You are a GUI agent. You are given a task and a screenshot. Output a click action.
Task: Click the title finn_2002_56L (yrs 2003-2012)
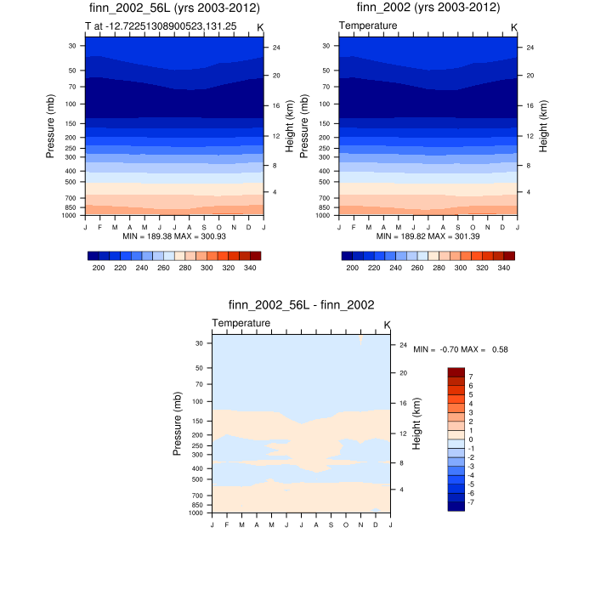(175, 8)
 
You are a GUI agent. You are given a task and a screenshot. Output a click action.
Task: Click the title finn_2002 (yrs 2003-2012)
(428, 8)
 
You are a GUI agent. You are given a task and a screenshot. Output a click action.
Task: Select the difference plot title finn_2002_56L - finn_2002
(302, 304)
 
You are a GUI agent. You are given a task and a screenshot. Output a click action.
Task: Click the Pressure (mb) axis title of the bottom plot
(178, 423)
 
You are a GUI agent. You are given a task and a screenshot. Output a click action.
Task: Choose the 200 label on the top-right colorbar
(351, 267)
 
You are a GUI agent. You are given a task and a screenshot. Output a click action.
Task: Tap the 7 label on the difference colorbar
(470, 375)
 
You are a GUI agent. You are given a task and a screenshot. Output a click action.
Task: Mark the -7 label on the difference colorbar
(472, 502)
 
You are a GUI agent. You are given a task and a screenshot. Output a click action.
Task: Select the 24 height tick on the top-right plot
(526, 48)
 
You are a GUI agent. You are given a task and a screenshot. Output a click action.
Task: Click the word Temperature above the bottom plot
(241, 323)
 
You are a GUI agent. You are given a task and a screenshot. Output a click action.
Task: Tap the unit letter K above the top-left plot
(260, 27)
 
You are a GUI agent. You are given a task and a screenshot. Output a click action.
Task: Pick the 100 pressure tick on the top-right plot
(326, 104)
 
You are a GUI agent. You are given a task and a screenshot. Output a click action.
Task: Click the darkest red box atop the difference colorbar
(456, 372)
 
